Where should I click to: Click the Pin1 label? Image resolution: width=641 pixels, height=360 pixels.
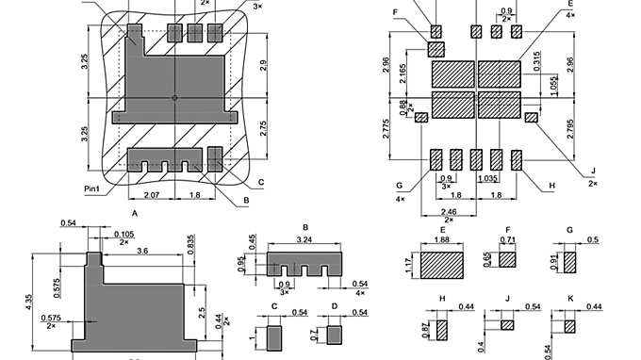pos(92,189)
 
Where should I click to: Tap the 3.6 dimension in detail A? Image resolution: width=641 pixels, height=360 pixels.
pos(142,252)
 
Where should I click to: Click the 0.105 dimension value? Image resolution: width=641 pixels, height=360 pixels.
pos(122,233)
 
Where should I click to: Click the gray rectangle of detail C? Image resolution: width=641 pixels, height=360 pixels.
pos(275,335)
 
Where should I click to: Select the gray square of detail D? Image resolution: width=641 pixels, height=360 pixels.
pos(335,335)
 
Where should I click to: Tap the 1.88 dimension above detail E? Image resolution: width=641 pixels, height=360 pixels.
pos(441,240)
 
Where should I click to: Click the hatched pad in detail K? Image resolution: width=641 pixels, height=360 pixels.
pos(569,325)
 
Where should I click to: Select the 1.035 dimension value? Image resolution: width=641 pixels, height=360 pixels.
pos(487,178)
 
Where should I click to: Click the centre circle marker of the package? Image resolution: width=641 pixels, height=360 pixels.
pos(174,97)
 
